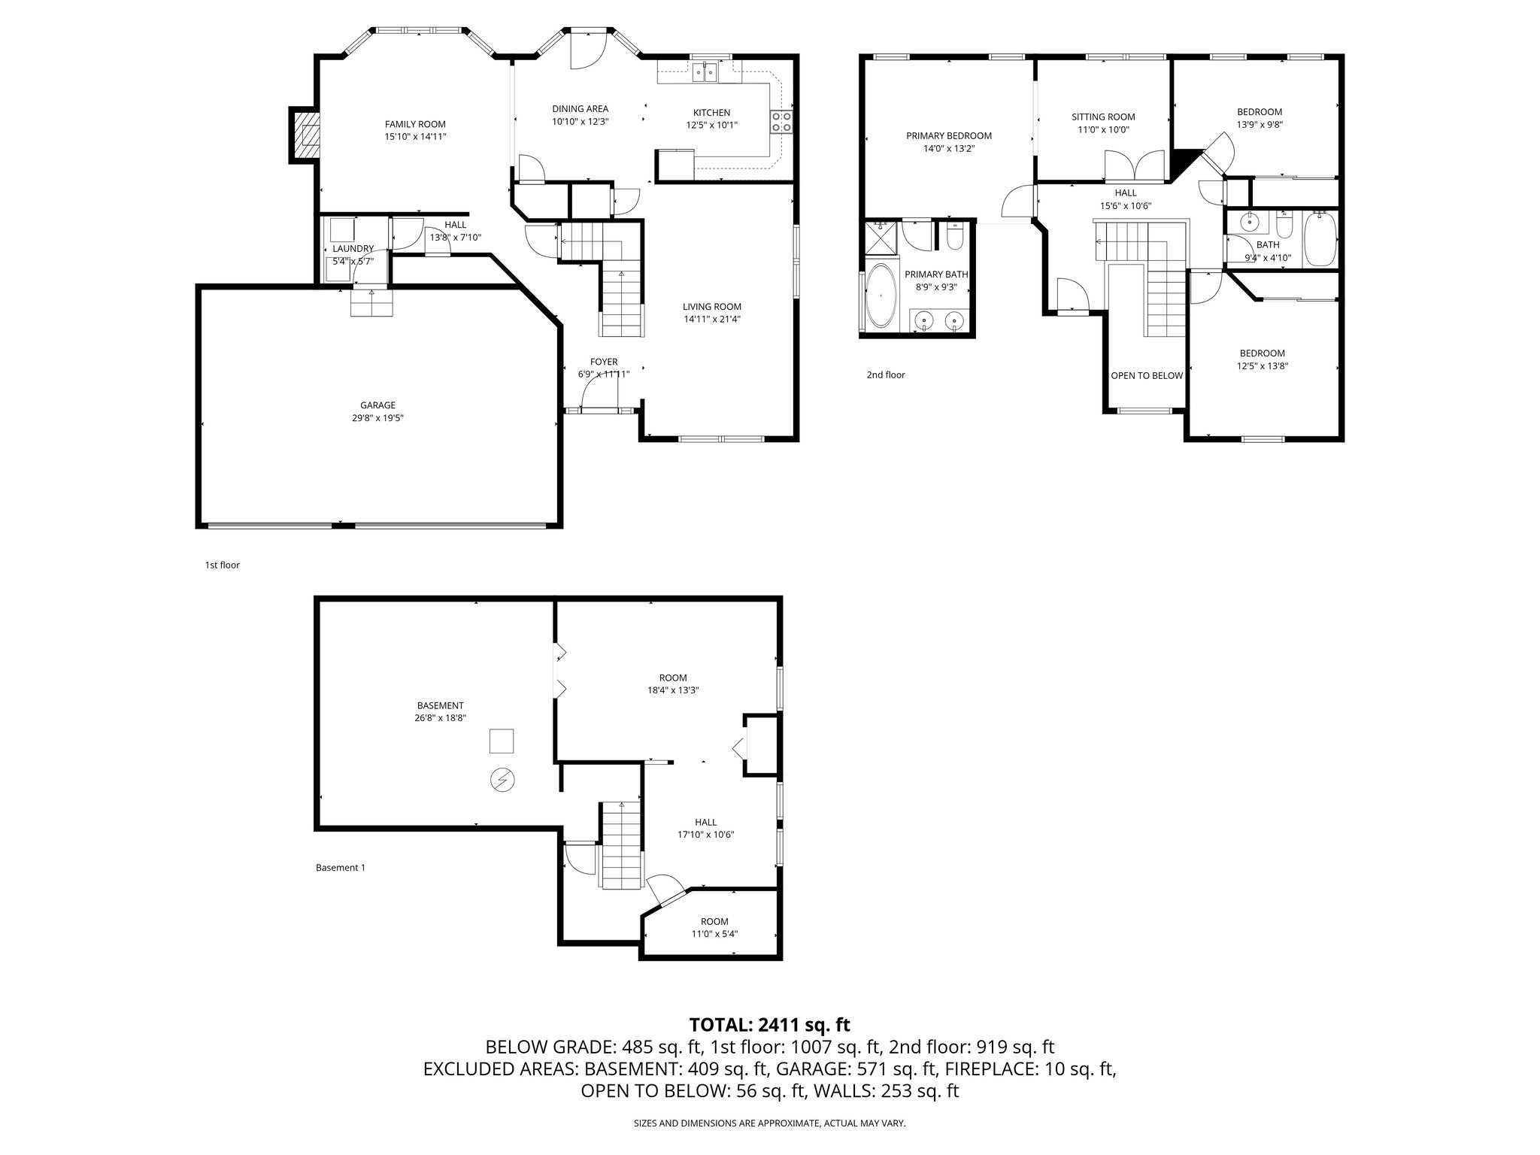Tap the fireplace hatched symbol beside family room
click(x=305, y=135)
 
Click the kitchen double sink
click(x=707, y=72)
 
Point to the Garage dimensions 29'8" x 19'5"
click(x=377, y=418)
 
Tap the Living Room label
click(x=711, y=306)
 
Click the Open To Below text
click(x=1147, y=375)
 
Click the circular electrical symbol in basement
click(x=501, y=781)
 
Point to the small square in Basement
click(x=502, y=741)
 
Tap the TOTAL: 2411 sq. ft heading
click(x=769, y=1024)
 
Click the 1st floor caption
click(x=223, y=565)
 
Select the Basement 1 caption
click(x=340, y=867)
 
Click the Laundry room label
click(x=353, y=248)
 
